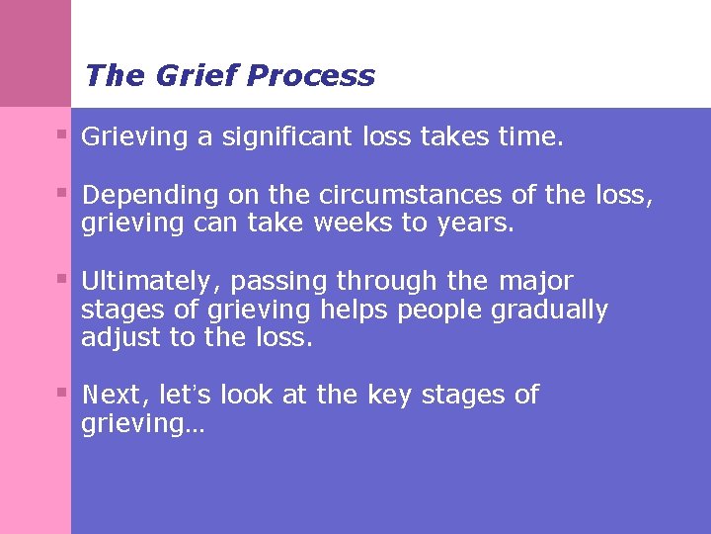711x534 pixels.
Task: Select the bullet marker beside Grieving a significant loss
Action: (x=61, y=133)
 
